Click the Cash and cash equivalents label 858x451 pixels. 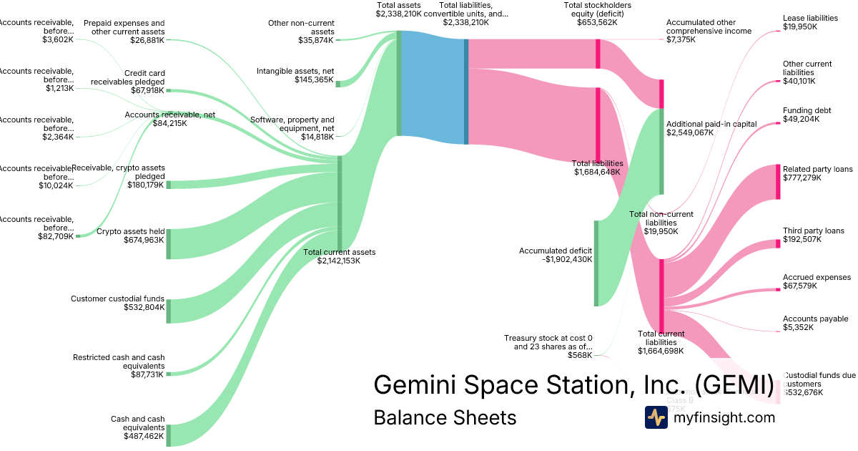coord(137,423)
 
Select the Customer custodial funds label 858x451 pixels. coord(118,299)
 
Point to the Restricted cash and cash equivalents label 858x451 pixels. coord(118,361)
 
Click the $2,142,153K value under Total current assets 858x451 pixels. coord(338,261)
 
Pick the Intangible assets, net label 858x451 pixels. coord(295,71)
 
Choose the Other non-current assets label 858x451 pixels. coord(301,27)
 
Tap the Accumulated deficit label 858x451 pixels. coord(556,251)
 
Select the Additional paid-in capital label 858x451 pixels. coord(711,124)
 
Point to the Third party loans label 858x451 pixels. coord(813,231)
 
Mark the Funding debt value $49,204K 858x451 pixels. coord(799,119)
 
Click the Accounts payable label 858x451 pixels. coord(815,319)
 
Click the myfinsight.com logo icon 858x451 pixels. coord(656,417)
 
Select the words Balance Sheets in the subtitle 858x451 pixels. coord(445,417)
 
